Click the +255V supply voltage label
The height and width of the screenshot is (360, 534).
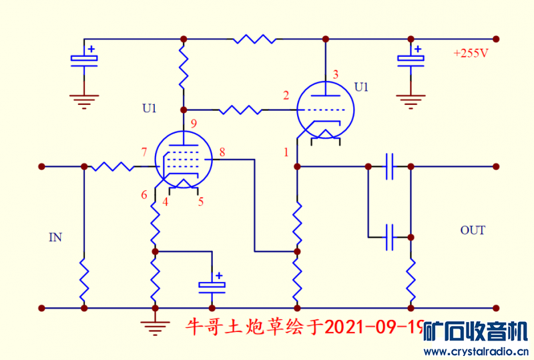pos(471,53)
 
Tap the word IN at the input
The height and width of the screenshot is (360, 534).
pos(55,236)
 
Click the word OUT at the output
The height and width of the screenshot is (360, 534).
pos(473,230)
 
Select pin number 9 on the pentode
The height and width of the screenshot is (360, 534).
pos(193,124)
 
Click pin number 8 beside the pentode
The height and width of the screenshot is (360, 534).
pos(222,153)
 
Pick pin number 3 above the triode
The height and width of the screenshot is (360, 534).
pos(336,74)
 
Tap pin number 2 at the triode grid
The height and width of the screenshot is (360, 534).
pos(286,96)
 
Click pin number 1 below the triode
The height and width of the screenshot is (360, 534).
pos(286,152)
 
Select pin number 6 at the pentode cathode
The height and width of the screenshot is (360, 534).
pos(144,195)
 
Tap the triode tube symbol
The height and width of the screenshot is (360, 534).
pos(324,108)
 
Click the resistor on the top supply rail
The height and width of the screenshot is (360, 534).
pos(254,39)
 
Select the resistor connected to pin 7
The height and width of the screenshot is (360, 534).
pos(112,166)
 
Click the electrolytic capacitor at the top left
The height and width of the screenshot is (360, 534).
pos(84,59)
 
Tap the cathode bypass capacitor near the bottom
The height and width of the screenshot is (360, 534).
pos(212,286)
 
